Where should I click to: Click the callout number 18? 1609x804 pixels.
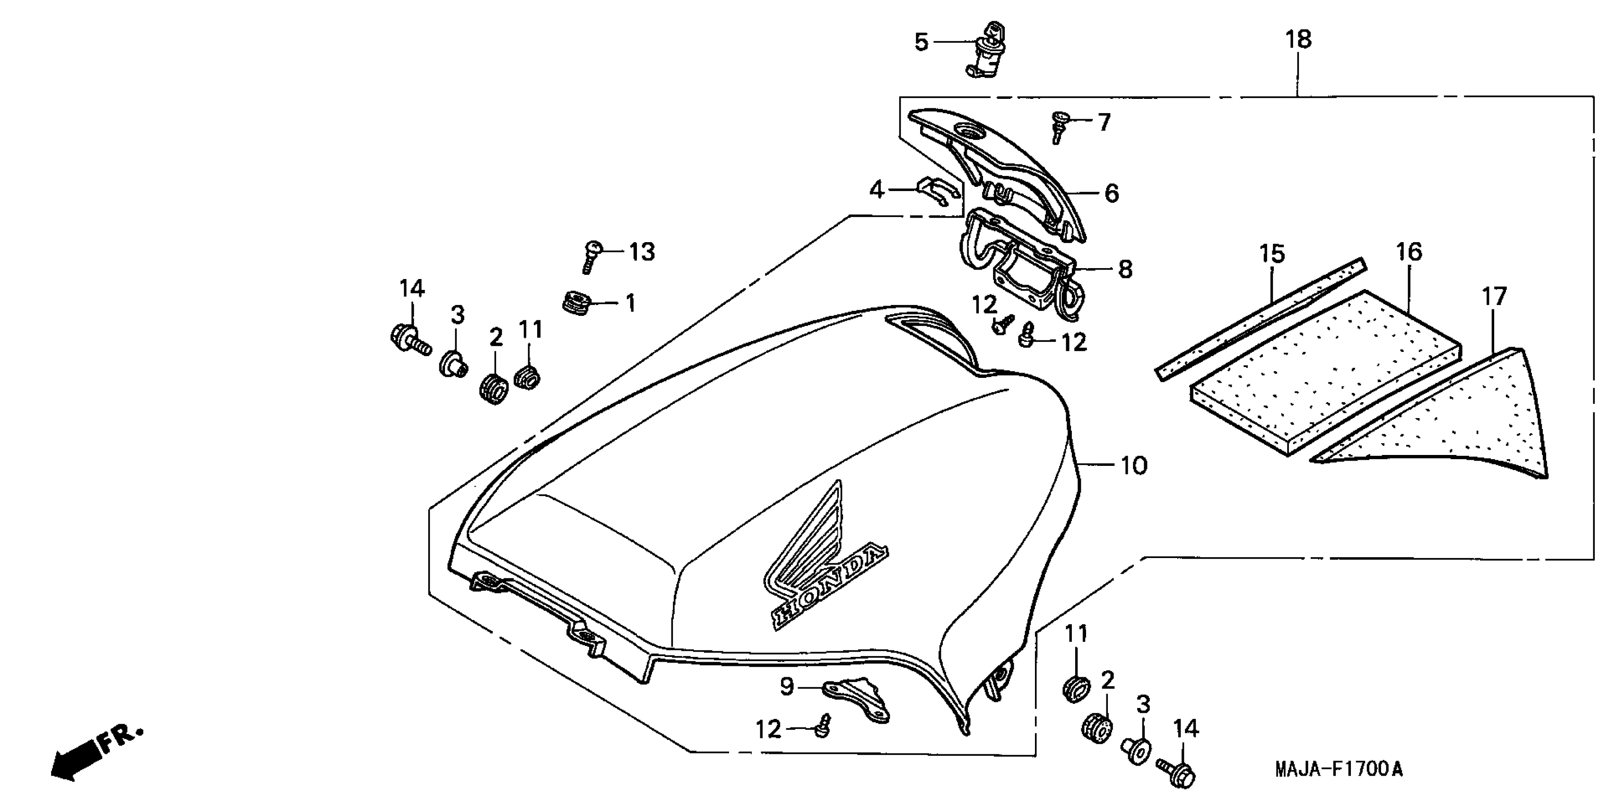point(1298,39)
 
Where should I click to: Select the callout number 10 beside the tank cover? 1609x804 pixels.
point(1134,465)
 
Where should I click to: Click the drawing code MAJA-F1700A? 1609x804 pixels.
point(1339,769)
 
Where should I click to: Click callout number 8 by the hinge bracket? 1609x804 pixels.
point(1125,269)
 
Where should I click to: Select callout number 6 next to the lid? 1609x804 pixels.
point(1112,193)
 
